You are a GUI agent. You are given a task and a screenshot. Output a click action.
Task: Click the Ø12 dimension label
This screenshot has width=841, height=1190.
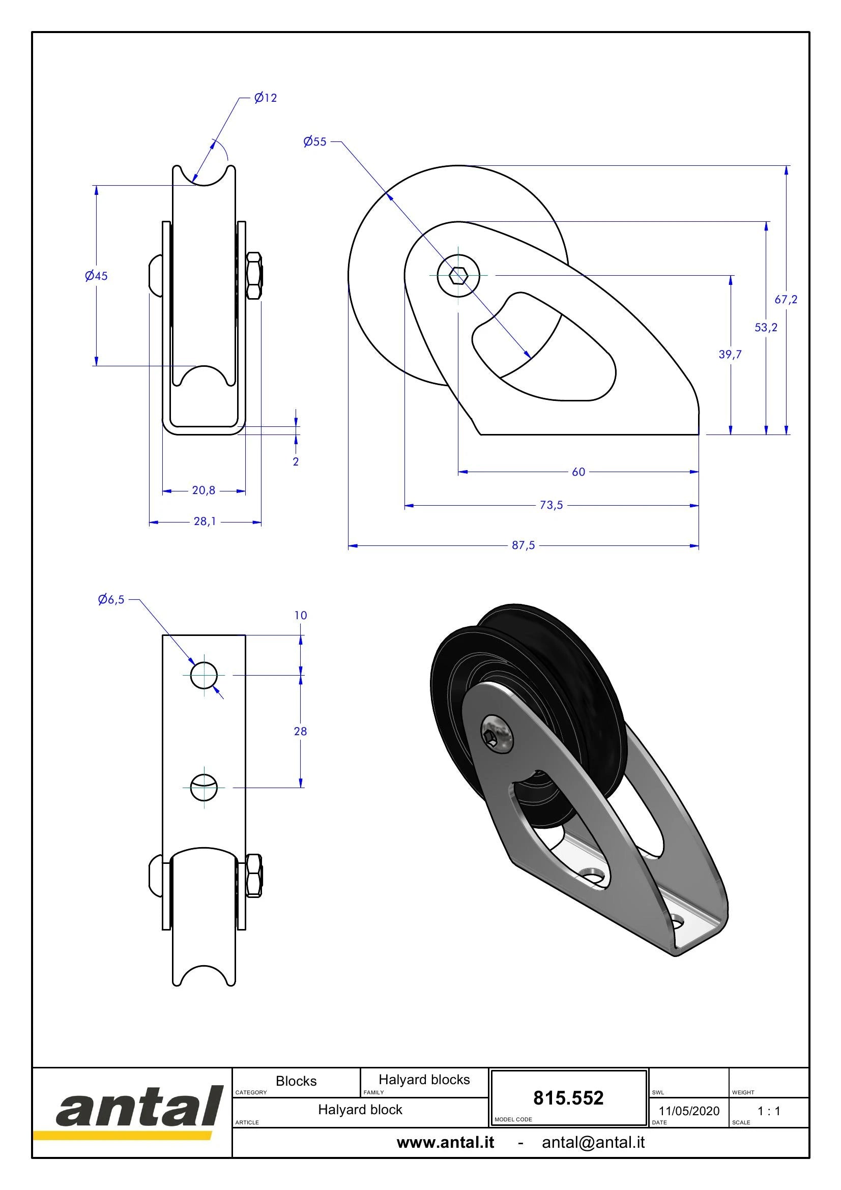tap(265, 98)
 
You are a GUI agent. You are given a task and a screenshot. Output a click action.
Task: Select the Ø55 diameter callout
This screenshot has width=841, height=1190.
tap(315, 141)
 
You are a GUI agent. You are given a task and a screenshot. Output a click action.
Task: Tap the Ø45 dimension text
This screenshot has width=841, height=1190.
tap(96, 276)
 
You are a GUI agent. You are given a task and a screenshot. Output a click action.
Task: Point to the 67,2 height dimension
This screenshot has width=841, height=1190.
tap(786, 299)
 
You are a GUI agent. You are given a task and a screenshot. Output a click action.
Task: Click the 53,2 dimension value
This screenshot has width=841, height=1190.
tap(766, 327)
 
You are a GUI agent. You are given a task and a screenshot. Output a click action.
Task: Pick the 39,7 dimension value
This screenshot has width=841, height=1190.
tap(730, 355)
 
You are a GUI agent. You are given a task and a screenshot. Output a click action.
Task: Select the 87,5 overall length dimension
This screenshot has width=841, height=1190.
tap(524, 545)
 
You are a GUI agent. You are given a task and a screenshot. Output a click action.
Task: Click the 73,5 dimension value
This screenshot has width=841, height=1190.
tap(552, 505)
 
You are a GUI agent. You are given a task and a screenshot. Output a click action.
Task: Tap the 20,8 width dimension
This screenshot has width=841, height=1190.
tap(204, 490)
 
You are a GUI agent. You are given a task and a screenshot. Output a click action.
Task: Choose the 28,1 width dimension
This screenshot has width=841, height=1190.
tap(205, 521)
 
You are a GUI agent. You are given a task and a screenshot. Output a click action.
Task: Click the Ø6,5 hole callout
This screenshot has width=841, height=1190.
tap(111, 600)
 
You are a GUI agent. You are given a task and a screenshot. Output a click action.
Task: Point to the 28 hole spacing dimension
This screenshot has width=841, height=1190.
tap(301, 731)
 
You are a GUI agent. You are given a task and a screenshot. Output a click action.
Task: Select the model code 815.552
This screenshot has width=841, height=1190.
tap(568, 1098)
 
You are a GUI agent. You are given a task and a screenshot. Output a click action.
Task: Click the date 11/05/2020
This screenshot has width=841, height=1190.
tap(689, 1111)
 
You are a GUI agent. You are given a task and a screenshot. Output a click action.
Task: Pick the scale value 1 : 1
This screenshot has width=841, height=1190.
tap(769, 1111)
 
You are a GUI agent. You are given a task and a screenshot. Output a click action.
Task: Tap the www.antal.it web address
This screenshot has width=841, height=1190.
tap(446, 1142)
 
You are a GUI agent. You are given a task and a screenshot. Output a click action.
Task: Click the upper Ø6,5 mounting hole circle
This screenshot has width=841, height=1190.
tap(204, 675)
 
